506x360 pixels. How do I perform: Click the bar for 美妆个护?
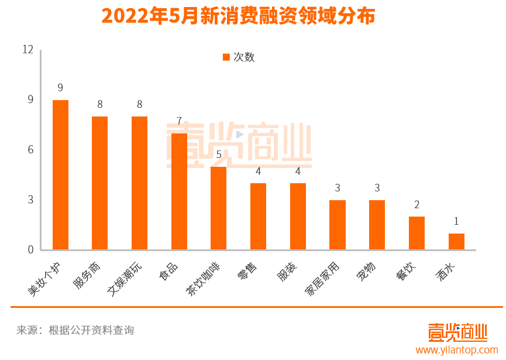pos(60,175)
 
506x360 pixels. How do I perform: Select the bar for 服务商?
pos(99,183)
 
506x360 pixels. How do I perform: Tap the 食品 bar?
pos(179,191)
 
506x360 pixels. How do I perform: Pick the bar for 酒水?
pos(456,242)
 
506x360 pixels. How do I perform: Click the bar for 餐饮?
pos(416,233)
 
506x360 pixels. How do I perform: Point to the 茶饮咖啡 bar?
pos(218,208)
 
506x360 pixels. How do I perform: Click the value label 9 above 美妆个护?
pos(60,88)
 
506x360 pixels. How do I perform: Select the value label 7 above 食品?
pos(179,121)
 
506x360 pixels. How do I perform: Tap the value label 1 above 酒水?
pos(456,221)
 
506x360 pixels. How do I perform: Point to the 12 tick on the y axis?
pos(27,50)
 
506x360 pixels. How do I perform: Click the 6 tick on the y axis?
pos(30,150)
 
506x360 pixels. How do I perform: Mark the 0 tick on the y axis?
pos(30,250)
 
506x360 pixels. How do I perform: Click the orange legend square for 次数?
pos(226,57)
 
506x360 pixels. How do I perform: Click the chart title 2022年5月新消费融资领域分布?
pos(238,16)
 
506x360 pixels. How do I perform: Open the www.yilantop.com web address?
pos(457,350)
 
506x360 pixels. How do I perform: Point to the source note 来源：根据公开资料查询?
pos(75,330)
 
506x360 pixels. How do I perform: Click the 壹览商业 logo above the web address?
pos(457,332)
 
